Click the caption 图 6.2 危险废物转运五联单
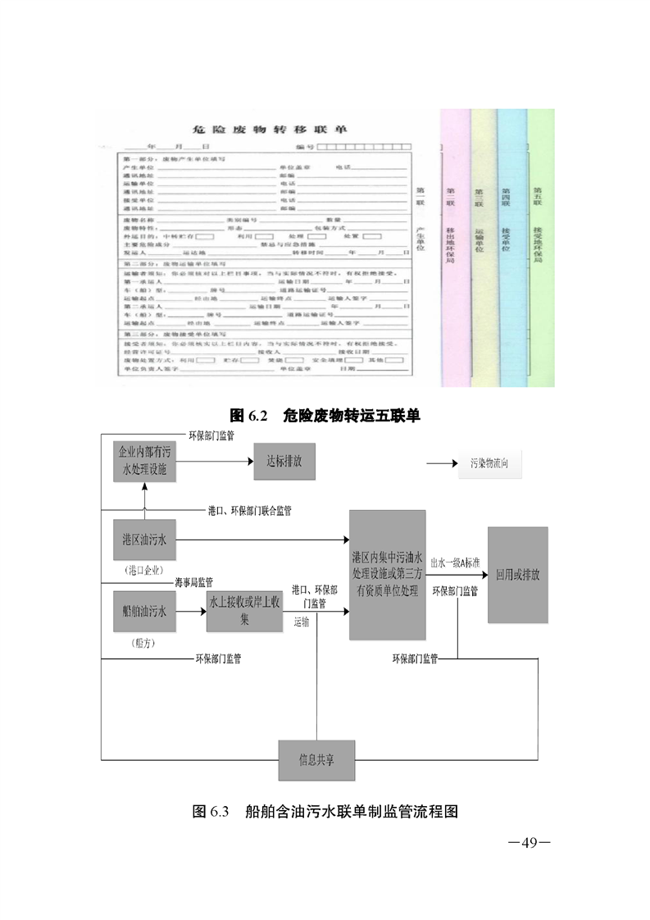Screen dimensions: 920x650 point(325,415)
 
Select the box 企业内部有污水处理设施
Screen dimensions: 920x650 point(144,462)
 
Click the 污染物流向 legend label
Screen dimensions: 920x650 point(495,463)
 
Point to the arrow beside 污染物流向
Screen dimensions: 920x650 point(442,463)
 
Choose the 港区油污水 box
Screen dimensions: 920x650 point(144,540)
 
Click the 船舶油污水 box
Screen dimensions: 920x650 point(144,611)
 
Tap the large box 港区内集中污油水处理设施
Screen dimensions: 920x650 point(387,574)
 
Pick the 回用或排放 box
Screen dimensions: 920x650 point(517,574)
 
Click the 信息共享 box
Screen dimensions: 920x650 point(316,760)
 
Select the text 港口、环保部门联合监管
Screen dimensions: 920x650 point(249,510)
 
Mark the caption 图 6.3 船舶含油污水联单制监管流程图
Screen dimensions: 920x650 point(325,812)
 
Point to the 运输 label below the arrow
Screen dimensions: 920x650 point(301,622)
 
